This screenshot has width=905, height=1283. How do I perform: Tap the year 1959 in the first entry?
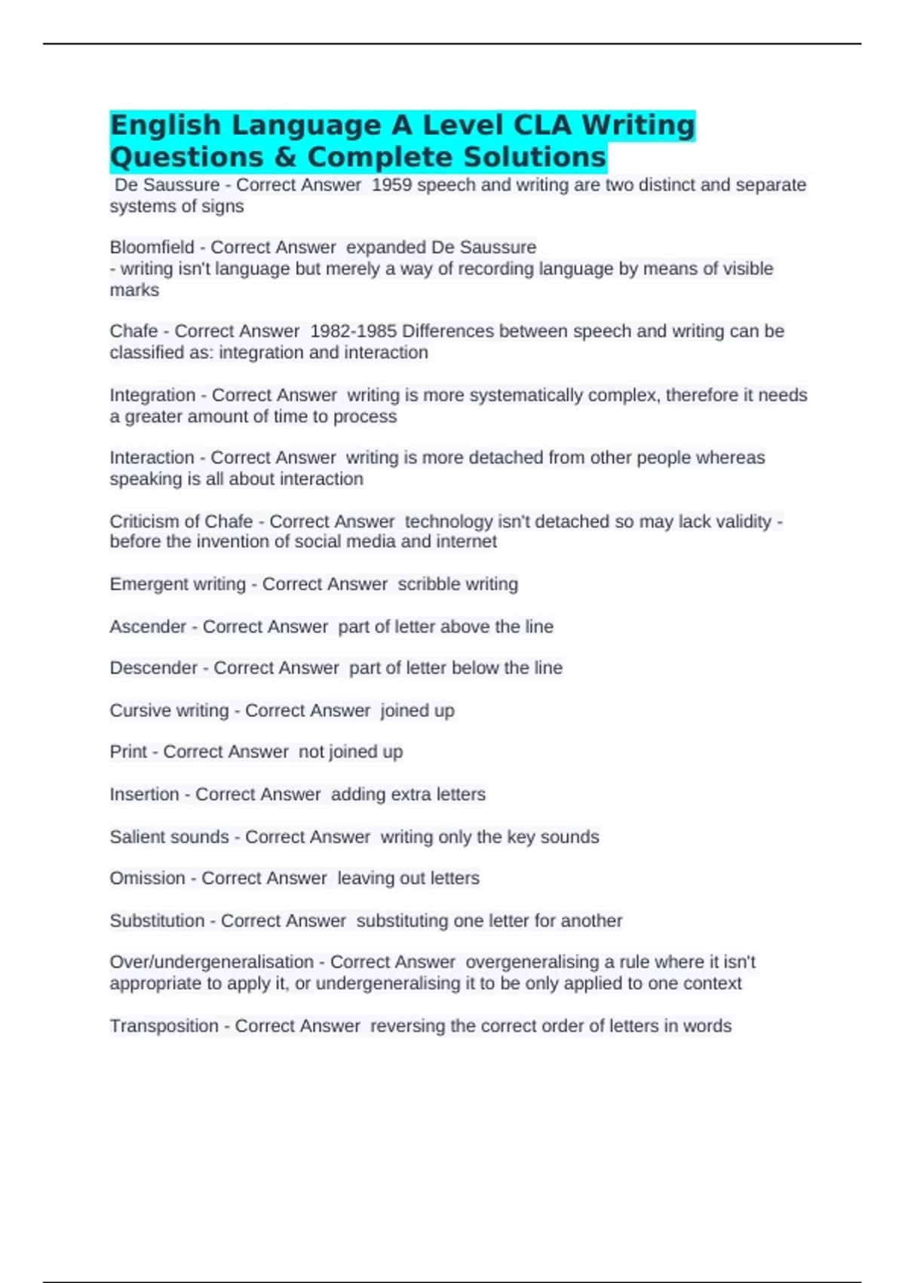tap(391, 185)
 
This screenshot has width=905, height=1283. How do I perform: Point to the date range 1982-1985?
tap(353, 331)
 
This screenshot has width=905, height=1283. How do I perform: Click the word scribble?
tap(426, 584)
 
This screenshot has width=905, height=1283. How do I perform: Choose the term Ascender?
tap(148, 626)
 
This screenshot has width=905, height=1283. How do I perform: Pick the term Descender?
tap(153, 668)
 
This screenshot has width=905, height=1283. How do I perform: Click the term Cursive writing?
tap(169, 711)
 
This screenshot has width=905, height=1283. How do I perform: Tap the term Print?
tap(128, 752)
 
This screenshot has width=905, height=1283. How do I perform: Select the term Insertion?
tap(144, 795)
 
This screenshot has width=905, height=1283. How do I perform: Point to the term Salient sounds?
tap(169, 837)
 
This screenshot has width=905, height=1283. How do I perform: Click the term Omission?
tap(147, 878)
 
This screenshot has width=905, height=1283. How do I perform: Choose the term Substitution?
tap(157, 921)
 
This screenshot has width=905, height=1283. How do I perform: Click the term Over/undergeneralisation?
tap(211, 962)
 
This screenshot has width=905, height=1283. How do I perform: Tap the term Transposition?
tap(164, 1026)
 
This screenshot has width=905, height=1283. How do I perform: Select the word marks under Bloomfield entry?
tap(134, 291)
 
